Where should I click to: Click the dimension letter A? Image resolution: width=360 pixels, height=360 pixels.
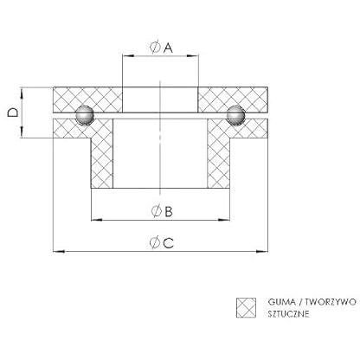point(168,48)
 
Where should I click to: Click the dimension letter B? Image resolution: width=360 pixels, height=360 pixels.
point(169,211)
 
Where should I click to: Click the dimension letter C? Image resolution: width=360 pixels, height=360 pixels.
point(169,243)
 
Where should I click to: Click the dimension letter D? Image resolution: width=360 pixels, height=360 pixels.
point(13,112)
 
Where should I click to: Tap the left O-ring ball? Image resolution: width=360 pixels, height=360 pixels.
point(85,115)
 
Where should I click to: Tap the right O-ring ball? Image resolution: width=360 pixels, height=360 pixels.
point(235,115)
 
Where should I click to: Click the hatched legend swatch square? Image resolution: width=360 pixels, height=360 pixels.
point(246,308)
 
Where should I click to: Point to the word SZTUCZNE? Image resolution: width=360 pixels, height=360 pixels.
point(288,313)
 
